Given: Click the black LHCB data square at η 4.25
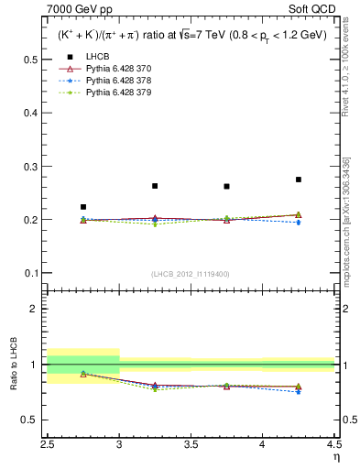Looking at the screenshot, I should coord(299,180).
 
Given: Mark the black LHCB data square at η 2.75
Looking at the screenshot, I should coord(83,207).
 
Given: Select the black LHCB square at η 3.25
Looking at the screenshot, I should coord(155,186).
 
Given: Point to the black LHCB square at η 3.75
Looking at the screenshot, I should coord(227,187).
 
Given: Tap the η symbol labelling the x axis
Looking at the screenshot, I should coord(335,456).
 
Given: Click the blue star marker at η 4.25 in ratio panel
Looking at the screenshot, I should coord(299,392).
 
